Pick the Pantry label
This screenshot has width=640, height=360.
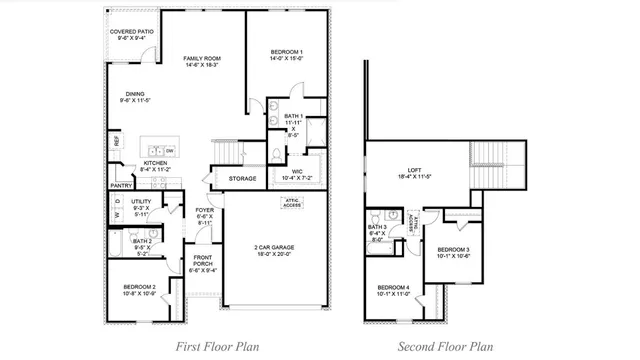click(x=122, y=185)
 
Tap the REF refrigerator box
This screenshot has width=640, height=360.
click(x=117, y=141)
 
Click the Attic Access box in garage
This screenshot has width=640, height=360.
click(x=291, y=203)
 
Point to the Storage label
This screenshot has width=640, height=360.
click(x=243, y=179)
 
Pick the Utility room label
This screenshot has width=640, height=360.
click(x=141, y=205)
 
